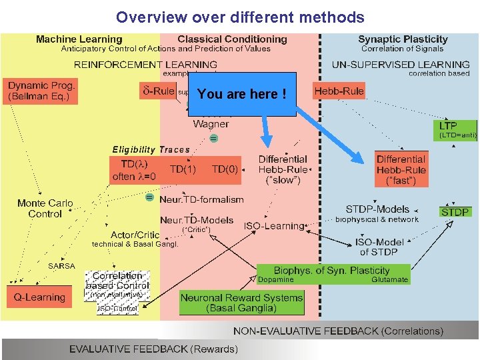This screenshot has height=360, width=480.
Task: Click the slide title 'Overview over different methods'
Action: coord(240,17)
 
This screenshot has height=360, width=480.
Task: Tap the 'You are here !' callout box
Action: coord(242,94)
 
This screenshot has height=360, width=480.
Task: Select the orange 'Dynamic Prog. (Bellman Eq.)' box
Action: coord(42,91)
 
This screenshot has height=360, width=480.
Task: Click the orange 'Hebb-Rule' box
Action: coord(339,91)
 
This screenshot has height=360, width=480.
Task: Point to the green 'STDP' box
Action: coord(455,212)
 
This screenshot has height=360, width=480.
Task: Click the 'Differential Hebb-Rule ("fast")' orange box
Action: coord(400,169)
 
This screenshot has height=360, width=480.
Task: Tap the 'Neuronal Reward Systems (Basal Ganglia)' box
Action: coord(241,303)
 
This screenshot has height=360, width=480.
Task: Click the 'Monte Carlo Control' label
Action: coord(45,208)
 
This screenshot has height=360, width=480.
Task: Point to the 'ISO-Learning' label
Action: coord(273,226)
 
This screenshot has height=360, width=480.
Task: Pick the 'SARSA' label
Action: coord(62,265)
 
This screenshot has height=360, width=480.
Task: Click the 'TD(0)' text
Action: coord(225,169)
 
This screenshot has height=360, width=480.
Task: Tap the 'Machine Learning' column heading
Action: coord(79,39)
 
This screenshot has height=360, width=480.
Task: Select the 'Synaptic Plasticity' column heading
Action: coord(403,39)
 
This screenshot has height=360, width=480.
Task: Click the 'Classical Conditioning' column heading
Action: coord(232,39)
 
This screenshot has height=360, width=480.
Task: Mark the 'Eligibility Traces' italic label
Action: coord(151,149)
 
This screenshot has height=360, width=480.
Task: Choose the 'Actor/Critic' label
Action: coord(135,235)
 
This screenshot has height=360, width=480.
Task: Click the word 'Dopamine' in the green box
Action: coord(275,279)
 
